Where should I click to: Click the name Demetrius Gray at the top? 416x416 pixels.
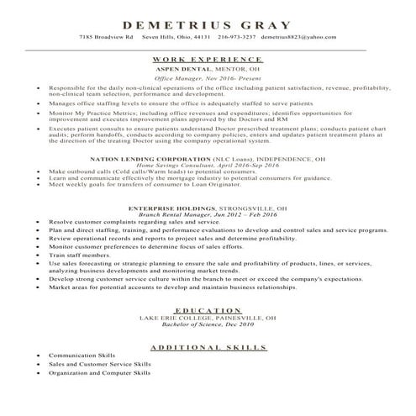pos(207,24)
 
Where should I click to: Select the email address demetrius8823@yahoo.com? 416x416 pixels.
pos(292,39)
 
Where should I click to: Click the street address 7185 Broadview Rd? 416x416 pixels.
pos(106,39)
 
